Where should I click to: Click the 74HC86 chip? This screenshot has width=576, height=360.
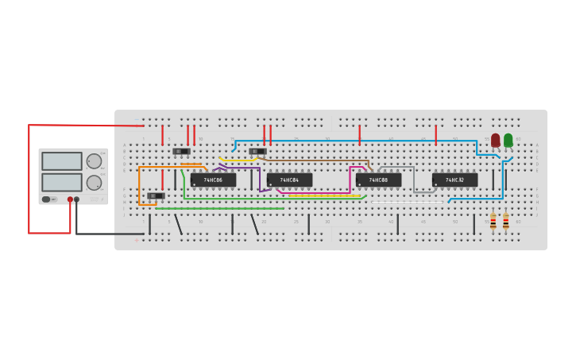[213, 180]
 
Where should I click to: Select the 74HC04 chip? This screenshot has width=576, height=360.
[289, 180]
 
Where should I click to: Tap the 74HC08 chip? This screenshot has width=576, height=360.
[378, 180]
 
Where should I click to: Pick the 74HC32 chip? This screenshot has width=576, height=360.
[454, 180]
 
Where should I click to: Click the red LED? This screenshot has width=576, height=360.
[495, 140]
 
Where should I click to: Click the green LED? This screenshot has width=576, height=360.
[508, 140]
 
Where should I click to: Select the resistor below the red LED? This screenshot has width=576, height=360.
[493, 221]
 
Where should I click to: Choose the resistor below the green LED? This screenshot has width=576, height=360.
[506, 221]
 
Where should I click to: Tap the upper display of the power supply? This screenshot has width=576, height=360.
[62, 161]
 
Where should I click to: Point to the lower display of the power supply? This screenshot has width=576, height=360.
[62, 182]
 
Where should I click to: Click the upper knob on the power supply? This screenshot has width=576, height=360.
[94, 161]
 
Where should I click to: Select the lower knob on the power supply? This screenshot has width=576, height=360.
[94, 182]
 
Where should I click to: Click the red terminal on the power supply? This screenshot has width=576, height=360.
[70, 199]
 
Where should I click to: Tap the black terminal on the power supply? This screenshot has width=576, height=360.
[77, 199]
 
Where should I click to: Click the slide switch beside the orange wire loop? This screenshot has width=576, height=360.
[156, 195]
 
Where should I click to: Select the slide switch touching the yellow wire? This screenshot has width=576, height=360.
[257, 151]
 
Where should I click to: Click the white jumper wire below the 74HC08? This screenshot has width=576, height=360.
[407, 202]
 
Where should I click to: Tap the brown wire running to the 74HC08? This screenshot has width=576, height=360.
[318, 160]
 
